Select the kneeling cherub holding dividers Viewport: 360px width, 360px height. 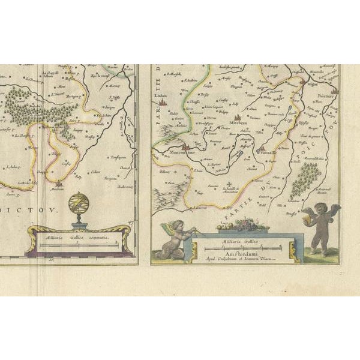point(175,240)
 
